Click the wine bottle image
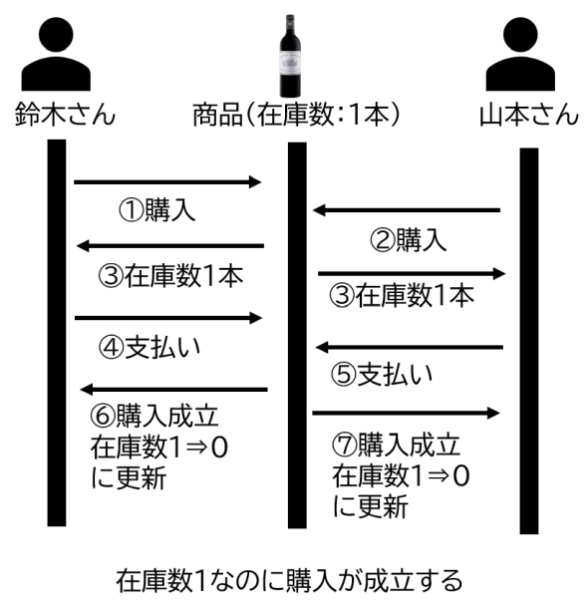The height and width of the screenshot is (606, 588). [290, 56]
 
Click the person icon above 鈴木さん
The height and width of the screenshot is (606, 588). [56, 54]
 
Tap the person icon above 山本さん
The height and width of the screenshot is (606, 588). [520, 54]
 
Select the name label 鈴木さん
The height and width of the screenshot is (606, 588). [65, 115]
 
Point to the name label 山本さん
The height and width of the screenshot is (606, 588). [529, 115]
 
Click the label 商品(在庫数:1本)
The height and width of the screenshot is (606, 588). [296, 115]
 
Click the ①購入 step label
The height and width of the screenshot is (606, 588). [156, 210]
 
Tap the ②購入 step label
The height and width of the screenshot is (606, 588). [409, 239]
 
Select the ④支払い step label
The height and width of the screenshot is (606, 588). [149, 347]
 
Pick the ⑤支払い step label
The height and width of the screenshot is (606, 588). [382, 374]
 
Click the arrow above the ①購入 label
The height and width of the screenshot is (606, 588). [167, 181]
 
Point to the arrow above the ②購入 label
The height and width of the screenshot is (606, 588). [407, 210]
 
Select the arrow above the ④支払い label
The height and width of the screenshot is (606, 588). [168, 318]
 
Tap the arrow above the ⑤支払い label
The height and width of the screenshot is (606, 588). [410, 347]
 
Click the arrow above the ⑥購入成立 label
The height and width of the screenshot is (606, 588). [173, 389]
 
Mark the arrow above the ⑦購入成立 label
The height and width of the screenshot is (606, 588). [406, 413]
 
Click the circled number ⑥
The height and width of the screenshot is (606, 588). [103, 417]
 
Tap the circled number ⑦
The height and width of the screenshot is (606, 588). [344, 446]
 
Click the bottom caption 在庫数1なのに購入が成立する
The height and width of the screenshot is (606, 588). [289, 580]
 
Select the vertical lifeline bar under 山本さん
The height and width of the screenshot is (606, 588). [529, 341]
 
